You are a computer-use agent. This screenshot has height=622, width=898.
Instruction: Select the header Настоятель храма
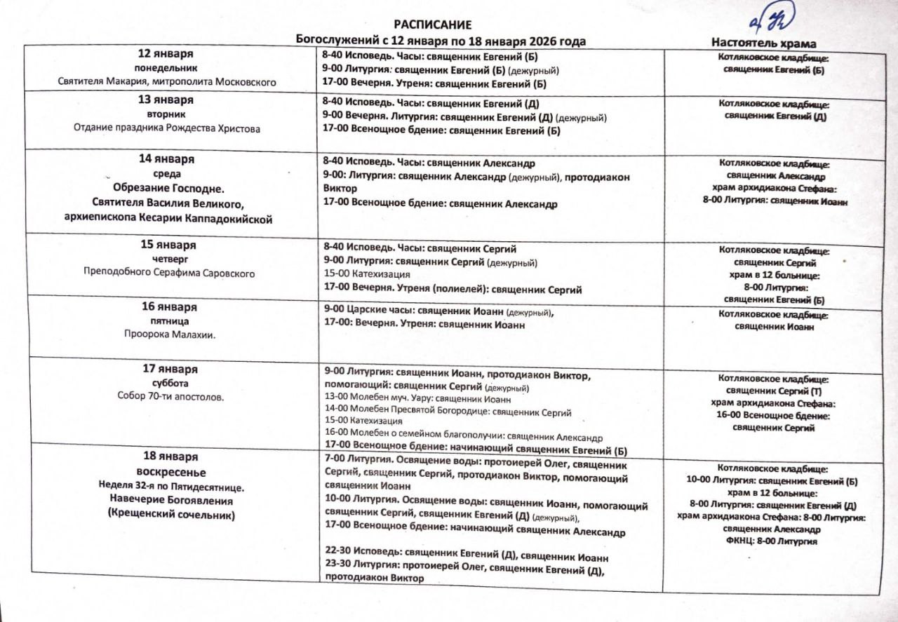(x=764, y=43)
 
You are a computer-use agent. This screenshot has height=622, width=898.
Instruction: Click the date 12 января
(x=166, y=54)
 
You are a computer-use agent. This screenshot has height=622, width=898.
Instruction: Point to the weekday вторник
(x=166, y=114)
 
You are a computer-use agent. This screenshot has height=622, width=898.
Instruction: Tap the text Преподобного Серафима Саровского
(x=168, y=273)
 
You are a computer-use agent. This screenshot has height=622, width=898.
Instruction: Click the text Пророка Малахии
(x=168, y=334)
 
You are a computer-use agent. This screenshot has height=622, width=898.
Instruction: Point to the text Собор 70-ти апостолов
(x=170, y=396)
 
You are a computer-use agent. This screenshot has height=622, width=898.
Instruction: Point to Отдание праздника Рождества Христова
(x=167, y=128)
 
